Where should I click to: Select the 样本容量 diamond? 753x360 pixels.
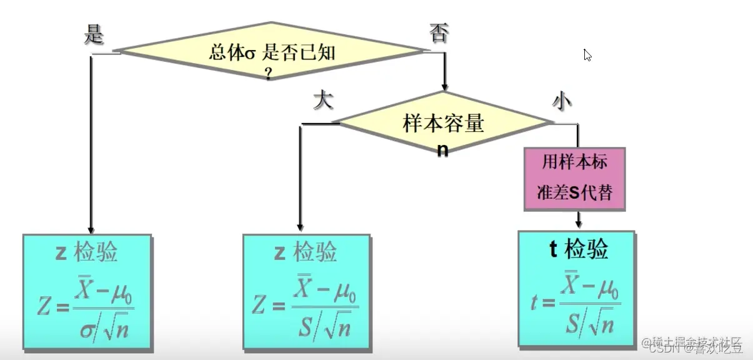pyautogui.click(x=442, y=124)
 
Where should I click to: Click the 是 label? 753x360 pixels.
pyautogui.click(x=93, y=35)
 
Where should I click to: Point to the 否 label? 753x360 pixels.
pyautogui.click(x=438, y=33)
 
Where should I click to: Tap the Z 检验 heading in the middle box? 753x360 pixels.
pyautogui.click(x=306, y=252)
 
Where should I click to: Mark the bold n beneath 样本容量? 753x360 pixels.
pyautogui.click(x=442, y=151)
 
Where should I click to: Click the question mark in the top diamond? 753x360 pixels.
pyautogui.click(x=268, y=74)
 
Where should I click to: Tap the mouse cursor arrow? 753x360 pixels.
pyautogui.click(x=587, y=54)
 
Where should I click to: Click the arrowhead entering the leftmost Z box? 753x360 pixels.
pyautogui.click(x=91, y=229)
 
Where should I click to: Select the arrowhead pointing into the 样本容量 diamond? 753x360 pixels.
pyautogui.click(x=444, y=86)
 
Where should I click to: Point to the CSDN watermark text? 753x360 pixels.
pyautogui.click(x=691, y=348)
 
